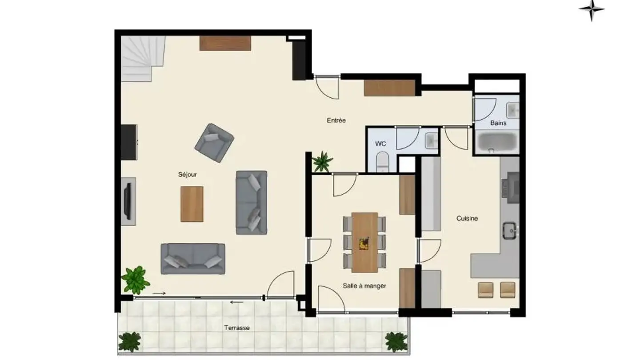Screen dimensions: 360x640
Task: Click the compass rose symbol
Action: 592,9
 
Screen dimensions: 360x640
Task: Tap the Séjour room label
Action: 187,175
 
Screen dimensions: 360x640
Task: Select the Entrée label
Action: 336,120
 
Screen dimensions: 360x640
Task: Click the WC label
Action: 380,144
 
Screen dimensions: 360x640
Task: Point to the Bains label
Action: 498,123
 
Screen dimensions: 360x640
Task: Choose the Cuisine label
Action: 467,218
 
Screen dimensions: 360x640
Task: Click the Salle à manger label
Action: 364,286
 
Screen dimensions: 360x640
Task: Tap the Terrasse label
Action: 236,328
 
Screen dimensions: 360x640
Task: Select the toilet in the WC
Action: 382,162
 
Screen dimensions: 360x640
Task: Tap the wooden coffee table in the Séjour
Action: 192,204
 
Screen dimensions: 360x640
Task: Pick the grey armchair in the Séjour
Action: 214,142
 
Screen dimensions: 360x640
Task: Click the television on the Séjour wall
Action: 128,201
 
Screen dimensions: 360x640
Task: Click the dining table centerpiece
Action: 364,243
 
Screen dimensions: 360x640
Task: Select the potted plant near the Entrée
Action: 322,161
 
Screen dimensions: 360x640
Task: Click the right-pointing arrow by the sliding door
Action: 159,293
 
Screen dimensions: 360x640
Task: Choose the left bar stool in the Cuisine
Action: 485,290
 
